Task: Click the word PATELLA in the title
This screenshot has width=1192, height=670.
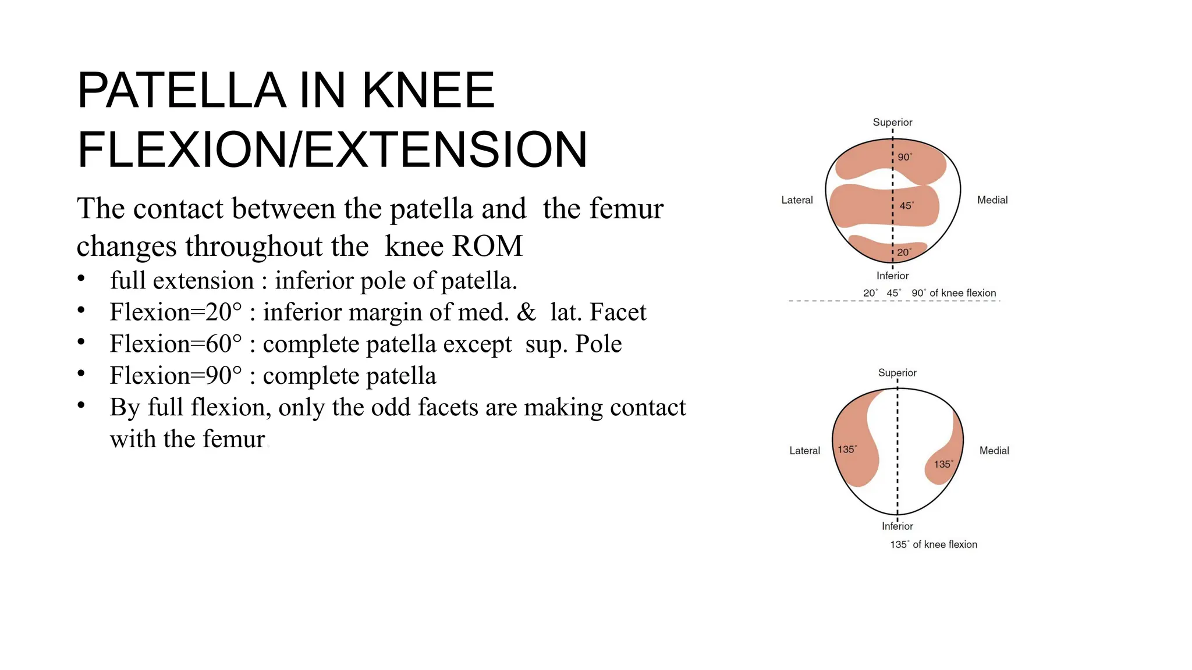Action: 181,91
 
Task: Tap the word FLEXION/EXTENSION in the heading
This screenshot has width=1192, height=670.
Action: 332,150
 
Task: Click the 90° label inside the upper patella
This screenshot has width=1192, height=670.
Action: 905,157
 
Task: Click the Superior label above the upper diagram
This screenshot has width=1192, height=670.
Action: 892,122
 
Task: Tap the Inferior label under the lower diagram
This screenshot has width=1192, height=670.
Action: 897,526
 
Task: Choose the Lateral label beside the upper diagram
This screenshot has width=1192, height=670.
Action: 797,200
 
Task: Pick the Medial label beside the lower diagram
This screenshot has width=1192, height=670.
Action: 994,451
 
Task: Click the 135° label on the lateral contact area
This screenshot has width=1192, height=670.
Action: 847,450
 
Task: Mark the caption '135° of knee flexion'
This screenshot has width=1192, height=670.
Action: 934,544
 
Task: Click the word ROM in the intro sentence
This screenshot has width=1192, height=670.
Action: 487,246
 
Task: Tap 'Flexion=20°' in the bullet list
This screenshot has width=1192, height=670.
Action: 175,312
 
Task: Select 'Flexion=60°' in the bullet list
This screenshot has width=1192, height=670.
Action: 175,344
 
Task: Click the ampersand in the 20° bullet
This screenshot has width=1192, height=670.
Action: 526,312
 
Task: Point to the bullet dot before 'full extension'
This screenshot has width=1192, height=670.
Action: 81,279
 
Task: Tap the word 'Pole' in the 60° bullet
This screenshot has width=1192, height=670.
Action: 598,344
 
